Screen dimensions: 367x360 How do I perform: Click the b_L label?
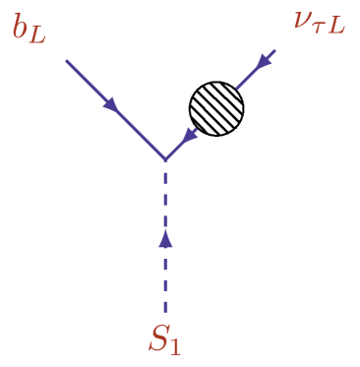click(x=29, y=29)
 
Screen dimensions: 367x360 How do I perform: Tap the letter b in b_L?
click(x=21, y=27)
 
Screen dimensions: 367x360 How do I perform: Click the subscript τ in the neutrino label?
click(x=321, y=28)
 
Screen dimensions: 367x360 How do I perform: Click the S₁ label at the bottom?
click(x=164, y=339)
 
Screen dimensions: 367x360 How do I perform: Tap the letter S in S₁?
click(x=158, y=337)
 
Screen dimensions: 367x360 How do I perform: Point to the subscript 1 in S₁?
click(x=175, y=345)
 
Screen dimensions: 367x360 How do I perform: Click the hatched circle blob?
click(x=216, y=108)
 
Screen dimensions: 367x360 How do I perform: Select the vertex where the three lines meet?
click(x=165, y=159)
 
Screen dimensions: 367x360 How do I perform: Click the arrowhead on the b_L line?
click(x=111, y=104)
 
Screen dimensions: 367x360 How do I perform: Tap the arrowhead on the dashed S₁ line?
click(x=165, y=238)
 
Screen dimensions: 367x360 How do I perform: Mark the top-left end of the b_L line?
click(x=67, y=61)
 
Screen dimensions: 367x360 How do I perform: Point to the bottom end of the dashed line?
click(x=165, y=312)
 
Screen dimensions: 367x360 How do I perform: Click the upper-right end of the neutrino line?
click(x=274, y=51)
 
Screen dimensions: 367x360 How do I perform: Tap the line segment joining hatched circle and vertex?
click(x=181, y=144)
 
